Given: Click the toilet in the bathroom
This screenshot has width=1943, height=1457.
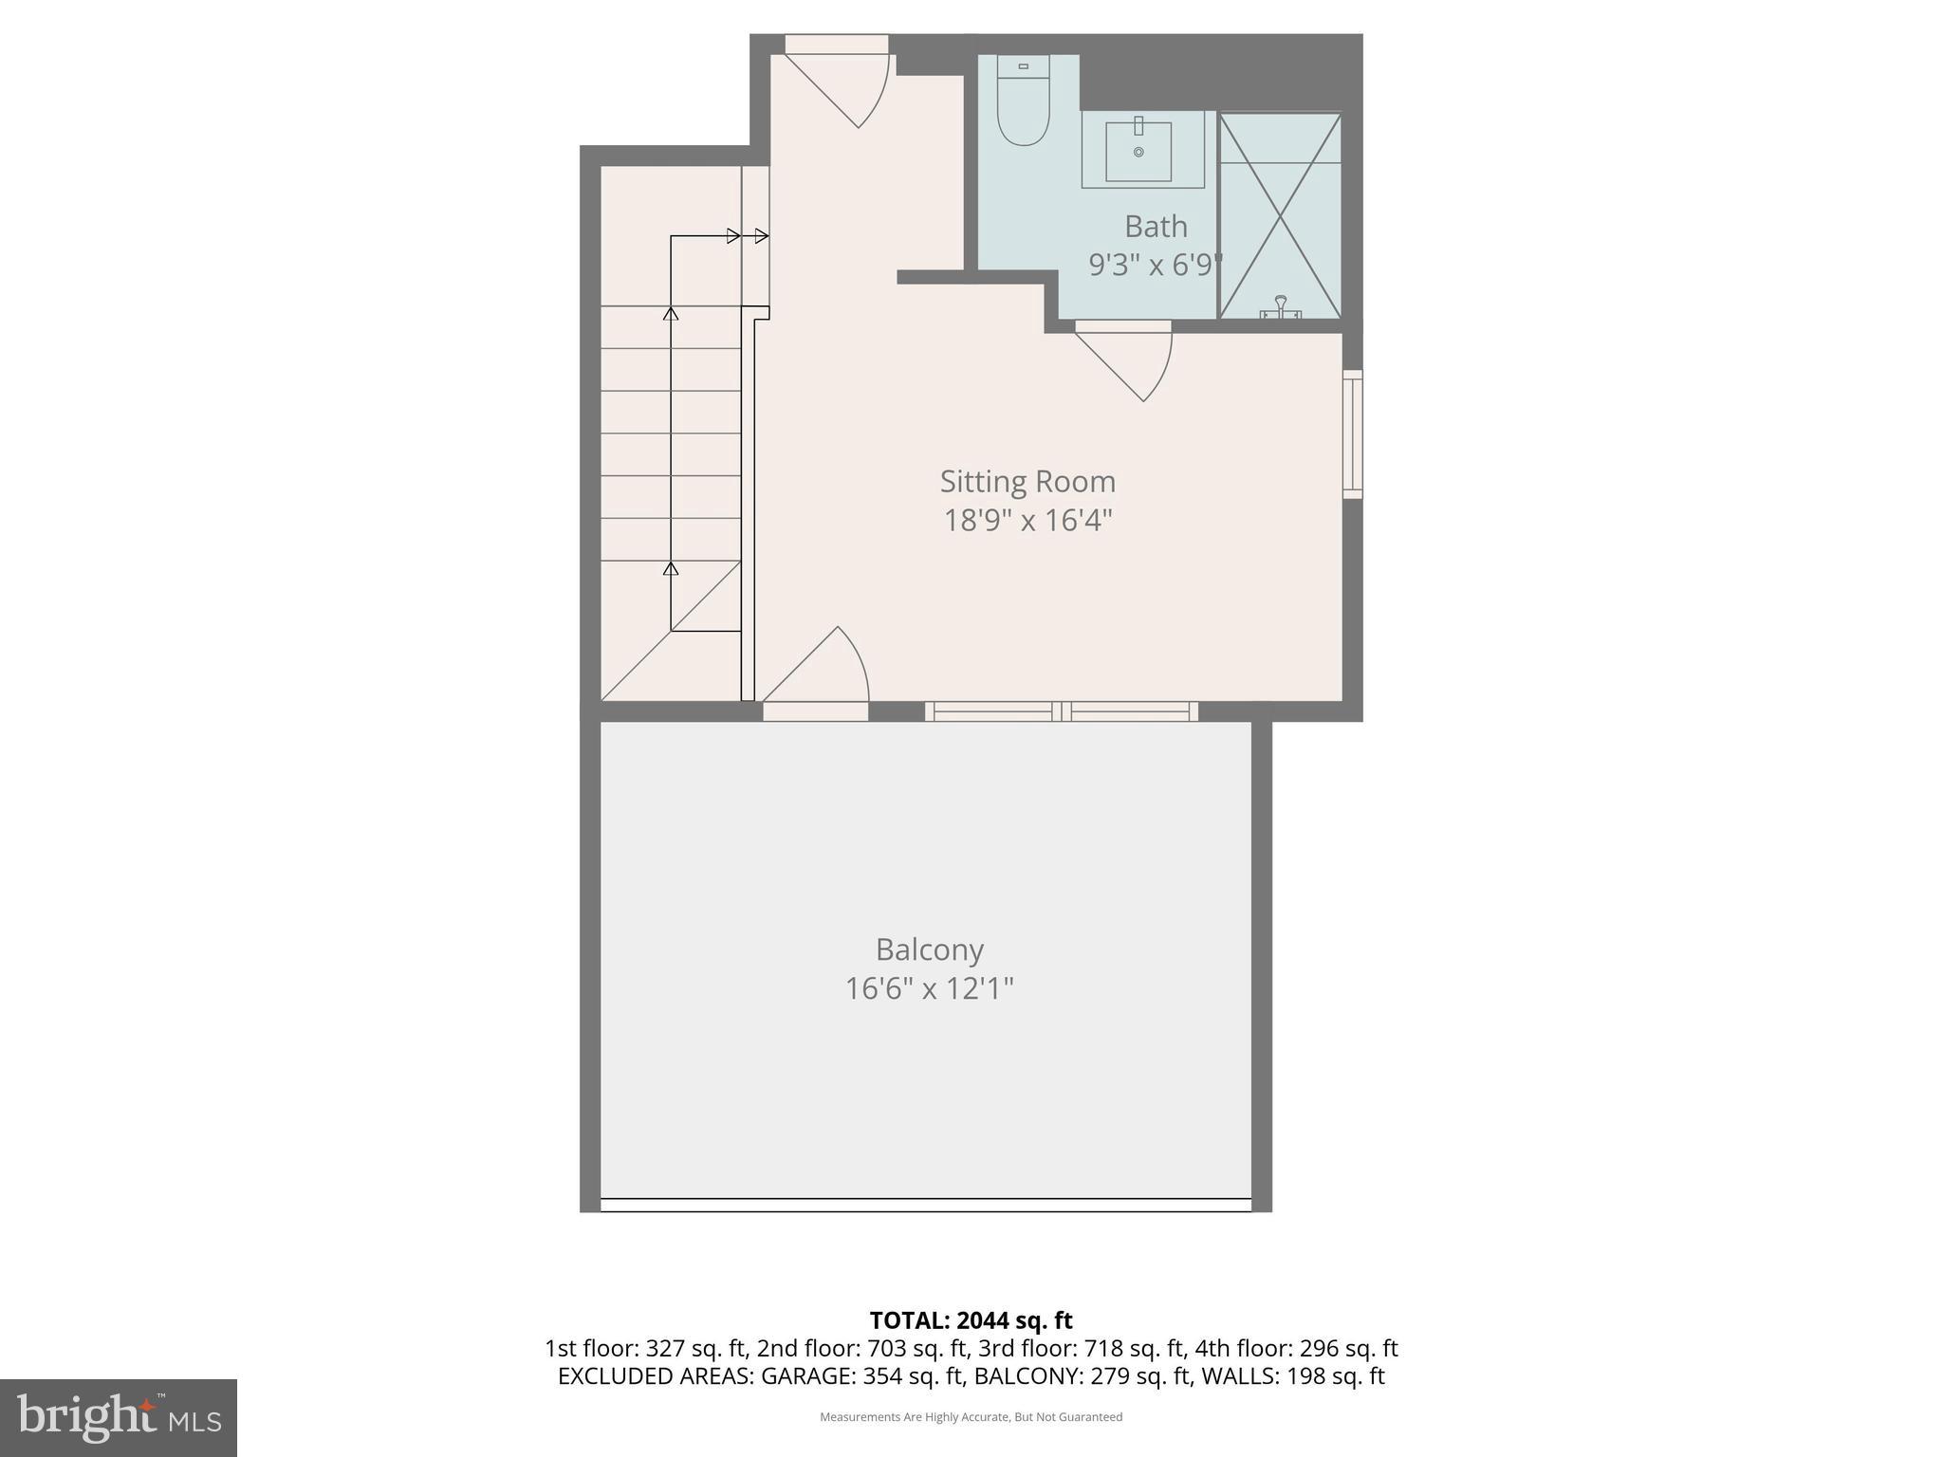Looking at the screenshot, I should click(x=1023, y=104).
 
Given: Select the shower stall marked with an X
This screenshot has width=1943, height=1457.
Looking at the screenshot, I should click(x=1280, y=216).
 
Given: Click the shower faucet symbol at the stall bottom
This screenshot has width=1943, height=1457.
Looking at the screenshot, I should click(x=1280, y=306).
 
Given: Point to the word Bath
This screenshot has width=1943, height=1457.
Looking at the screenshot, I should click(x=1156, y=227).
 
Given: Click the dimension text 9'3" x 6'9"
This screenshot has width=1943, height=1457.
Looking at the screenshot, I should click(x=1156, y=265).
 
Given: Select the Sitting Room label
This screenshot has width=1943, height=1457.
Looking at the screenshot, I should click(x=1027, y=482).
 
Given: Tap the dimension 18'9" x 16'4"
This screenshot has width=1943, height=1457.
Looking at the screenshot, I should click(x=1027, y=521).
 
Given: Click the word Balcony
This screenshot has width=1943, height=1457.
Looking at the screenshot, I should click(x=929, y=950).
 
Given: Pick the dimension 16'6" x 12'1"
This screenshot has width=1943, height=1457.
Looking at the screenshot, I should click(x=929, y=989).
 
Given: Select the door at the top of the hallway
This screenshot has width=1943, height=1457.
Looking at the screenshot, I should click(x=840, y=85).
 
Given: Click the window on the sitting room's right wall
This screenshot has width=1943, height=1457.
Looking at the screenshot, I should click(x=1353, y=434).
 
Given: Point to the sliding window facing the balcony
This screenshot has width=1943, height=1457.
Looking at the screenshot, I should click(x=1061, y=711).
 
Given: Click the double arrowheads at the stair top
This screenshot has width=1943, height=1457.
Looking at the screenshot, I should click(x=748, y=236).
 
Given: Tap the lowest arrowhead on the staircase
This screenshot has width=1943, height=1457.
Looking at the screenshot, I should click(x=671, y=569).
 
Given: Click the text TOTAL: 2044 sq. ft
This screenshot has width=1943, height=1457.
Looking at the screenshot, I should click(x=971, y=1320).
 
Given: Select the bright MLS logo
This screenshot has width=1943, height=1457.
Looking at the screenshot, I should click(x=119, y=1417).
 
